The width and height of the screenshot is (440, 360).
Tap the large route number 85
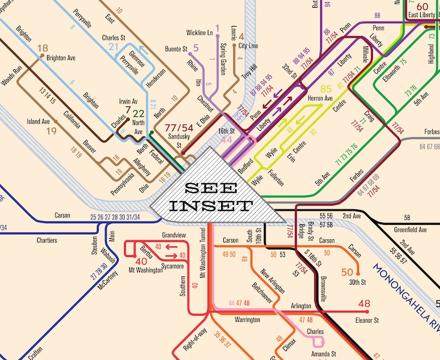click(x=326, y=89)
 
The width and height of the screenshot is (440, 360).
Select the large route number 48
click(x=364, y=304)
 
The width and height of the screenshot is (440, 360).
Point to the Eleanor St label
click(x=367, y=320)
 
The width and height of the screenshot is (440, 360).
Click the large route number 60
click(x=423, y=6)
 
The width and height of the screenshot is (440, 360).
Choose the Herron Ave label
click(x=320, y=98)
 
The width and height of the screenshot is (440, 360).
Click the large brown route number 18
click(x=43, y=48)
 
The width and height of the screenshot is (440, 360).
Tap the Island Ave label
click(x=38, y=121)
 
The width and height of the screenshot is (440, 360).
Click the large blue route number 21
click(x=114, y=47)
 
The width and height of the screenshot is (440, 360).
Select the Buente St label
click(x=176, y=49)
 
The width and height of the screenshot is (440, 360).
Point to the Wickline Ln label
click(x=199, y=33)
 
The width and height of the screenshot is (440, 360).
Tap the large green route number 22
click(x=139, y=114)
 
